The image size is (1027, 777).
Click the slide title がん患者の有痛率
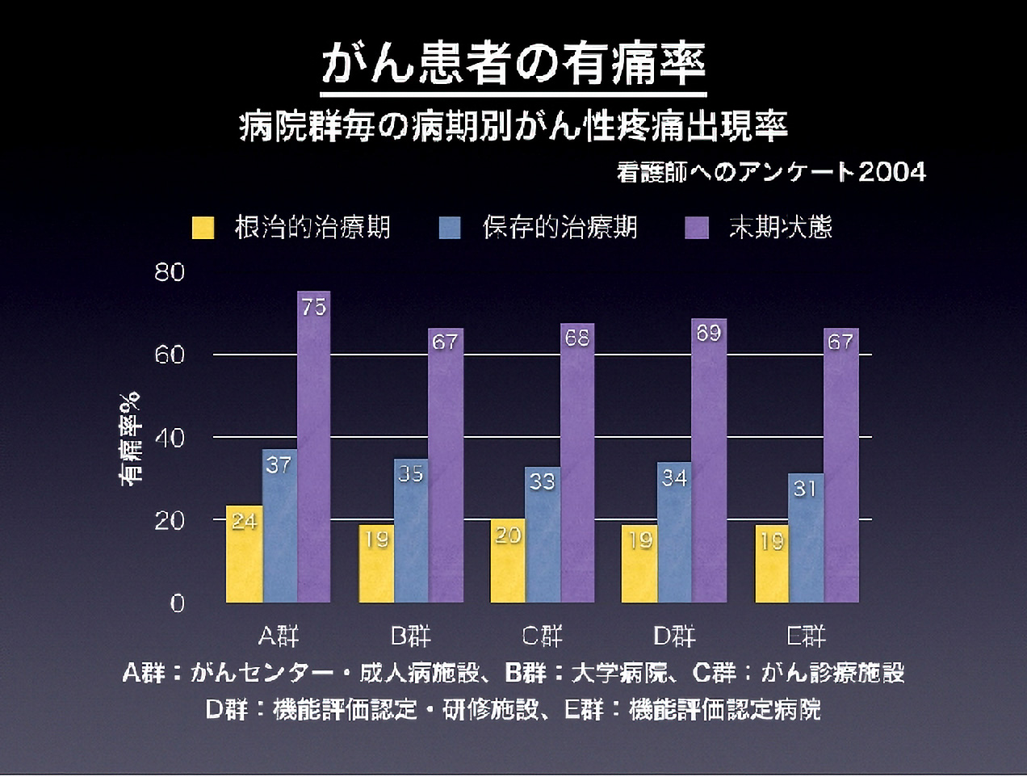(x=513, y=65)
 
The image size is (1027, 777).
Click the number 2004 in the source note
(x=891, y=172)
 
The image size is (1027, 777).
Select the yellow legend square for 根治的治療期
(x=203, y=228)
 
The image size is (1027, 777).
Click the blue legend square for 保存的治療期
(x=450, y=228)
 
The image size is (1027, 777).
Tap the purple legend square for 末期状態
(x=696, y=228)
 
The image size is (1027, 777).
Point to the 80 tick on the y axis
(x=170, y=272)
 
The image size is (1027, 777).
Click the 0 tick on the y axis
(x=178, y=603)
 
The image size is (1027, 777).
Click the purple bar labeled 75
(x=313, y=452)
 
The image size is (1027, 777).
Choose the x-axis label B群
(x=411, y=636)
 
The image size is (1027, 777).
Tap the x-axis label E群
(x=806, y=636)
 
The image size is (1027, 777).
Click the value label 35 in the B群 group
(x=411, y=473)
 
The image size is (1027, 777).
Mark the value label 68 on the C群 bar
(x=577, y=338)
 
